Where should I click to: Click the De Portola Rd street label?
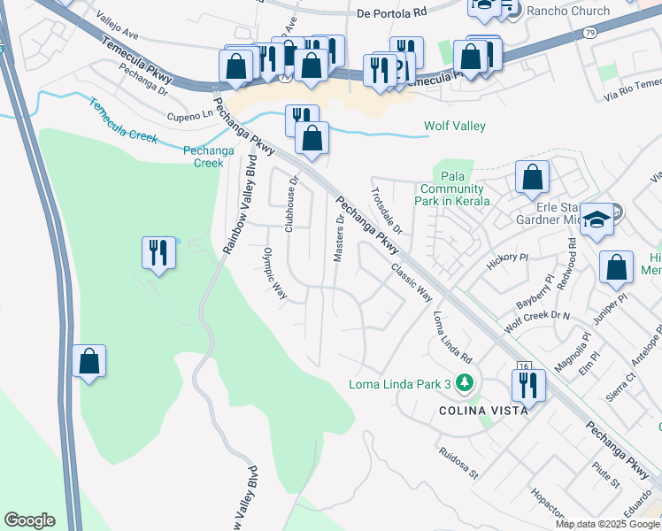coord(392,13)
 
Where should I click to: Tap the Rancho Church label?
coord(568,11)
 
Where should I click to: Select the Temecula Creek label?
coord(122,120)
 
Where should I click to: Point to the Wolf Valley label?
coord(455,127)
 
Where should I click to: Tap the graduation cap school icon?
coord(597,220)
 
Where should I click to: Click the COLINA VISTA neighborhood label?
coord(484,411)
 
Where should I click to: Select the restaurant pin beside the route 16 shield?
coord(528,385)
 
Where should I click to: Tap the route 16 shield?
coord(523,366)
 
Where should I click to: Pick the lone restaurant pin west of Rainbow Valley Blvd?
coord(158,253)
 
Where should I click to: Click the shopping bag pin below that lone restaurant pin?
coord(89,361)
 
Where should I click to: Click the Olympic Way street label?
coord(275,273)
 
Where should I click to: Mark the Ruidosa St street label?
coord(458,462)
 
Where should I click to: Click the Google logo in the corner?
coord(29,520)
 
